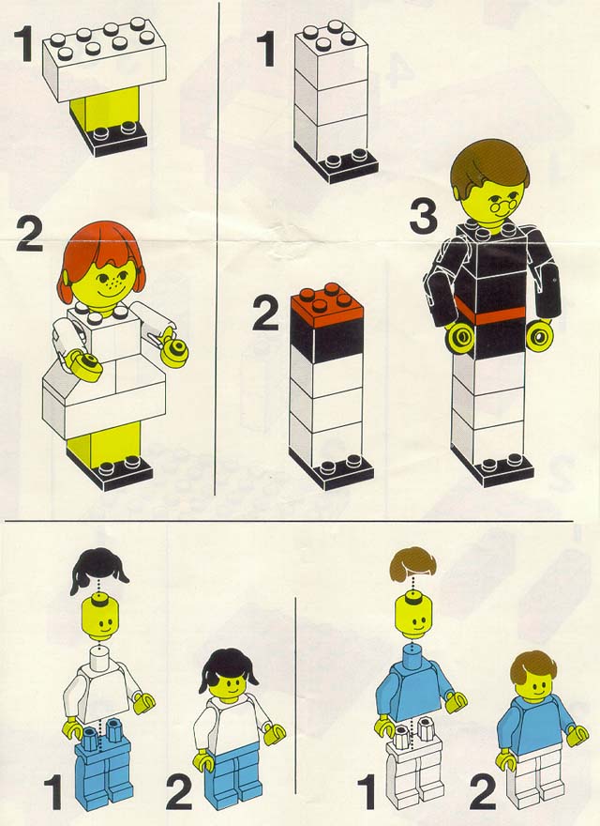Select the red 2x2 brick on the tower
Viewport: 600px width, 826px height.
click(327, 304)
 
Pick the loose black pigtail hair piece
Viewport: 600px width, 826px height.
click(98, 571)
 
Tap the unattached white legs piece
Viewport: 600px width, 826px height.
click(415, 764)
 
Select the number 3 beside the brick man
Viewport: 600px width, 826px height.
click(424, 218)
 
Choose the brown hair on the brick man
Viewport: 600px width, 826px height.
click(490, 162)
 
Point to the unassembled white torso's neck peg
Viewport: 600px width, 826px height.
click(100, 657)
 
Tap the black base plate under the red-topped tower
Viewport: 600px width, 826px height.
click(331, 469)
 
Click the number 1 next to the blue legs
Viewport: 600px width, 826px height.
click(53, 794)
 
